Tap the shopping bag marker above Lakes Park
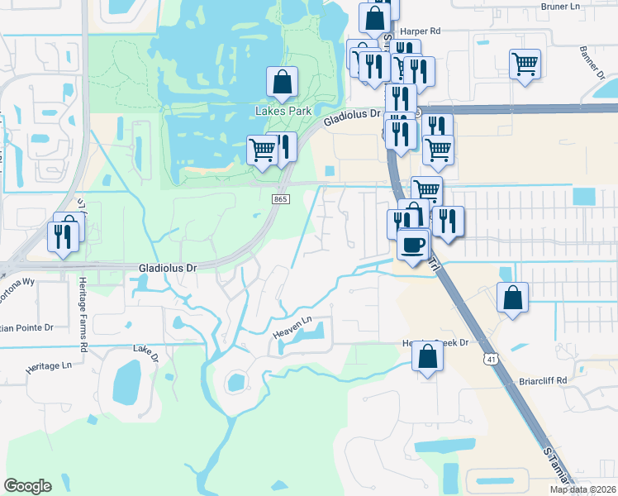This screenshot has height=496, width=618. (x=282, y=82)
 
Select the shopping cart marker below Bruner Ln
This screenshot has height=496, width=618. (x=525, y=64)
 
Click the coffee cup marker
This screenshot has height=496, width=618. (x=413, y=244)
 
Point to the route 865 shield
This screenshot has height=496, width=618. (x=279, y=198)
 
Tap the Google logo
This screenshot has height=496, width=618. (x=27, y=486)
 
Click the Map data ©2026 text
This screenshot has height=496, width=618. (x=582, y=489)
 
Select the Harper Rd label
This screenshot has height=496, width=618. (x=424, y=31)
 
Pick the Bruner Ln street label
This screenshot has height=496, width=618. (x=562, y=7)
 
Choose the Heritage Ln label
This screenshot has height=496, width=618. (x=49, y=365)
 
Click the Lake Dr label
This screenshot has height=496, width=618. (x=145, y=353)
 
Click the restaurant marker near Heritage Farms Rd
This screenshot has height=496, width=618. (x=64, y=236)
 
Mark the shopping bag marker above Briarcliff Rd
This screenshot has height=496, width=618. (x=512, y=298)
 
